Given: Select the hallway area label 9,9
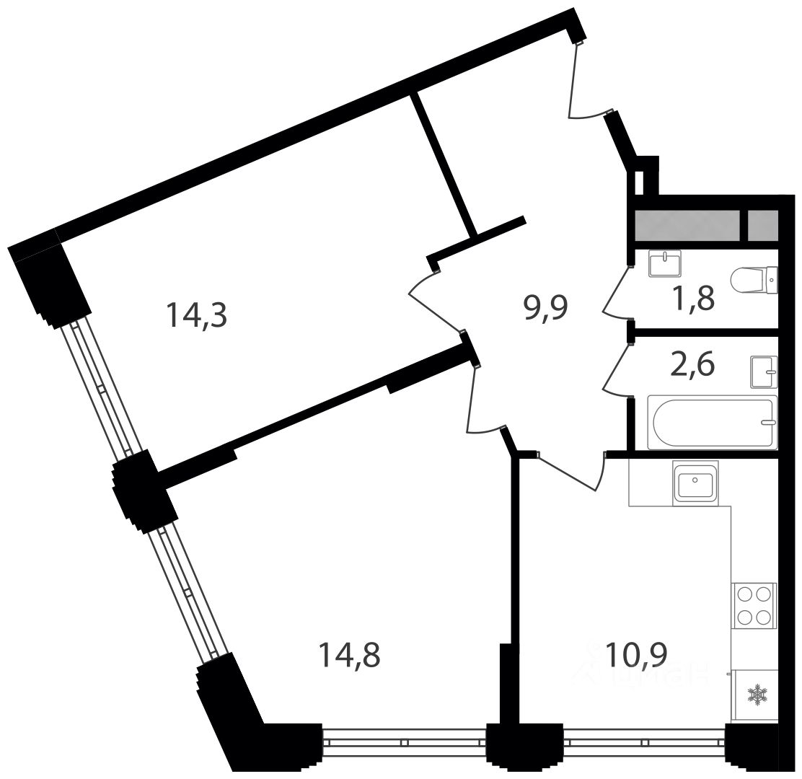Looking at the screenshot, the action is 546,309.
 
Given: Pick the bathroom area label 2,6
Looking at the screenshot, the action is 692,365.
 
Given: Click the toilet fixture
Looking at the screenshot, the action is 754,281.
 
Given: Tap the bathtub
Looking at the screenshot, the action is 712,422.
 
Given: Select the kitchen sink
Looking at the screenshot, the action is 695,480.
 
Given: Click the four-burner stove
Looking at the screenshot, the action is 754,605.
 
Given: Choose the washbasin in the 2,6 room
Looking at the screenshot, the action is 764,372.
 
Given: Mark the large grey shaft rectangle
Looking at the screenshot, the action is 687,225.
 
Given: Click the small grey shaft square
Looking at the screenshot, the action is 762,225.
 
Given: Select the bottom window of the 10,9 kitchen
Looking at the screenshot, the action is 644,741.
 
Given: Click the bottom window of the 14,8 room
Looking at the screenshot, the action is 404,741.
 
